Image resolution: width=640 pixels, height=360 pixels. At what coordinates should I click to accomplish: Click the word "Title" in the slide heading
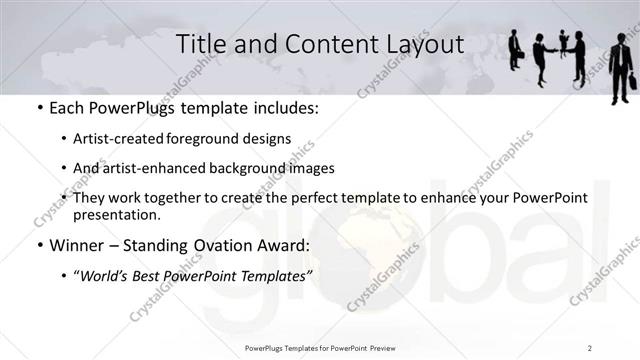[200, 45]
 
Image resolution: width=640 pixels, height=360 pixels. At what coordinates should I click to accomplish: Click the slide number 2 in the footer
[589, 347]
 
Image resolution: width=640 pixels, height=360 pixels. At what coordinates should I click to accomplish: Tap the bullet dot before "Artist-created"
[64, 139]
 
